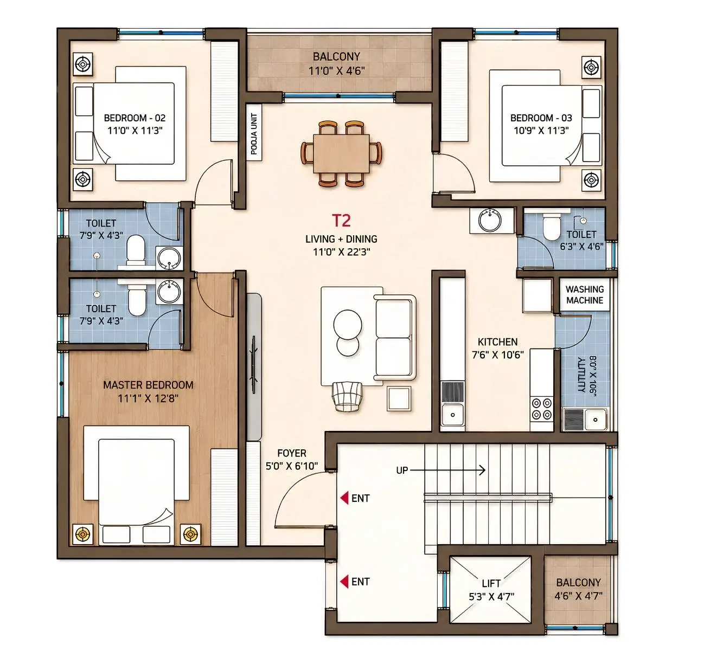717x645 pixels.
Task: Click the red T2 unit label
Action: point(341,221)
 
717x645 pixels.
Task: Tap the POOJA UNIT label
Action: point(254,134)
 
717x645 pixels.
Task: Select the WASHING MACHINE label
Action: point(585,294)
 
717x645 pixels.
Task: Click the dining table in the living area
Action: point(341,153)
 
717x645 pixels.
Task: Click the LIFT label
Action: point(491,584)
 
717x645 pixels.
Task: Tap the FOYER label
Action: point(292,453)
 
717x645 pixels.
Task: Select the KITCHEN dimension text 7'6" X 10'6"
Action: point(498,355)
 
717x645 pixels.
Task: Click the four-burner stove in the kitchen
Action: point(542,409)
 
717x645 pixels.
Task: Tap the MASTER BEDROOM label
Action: point(148,385)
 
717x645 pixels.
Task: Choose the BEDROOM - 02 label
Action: point(135,118)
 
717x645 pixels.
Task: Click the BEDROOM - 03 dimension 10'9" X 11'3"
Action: point(541,131)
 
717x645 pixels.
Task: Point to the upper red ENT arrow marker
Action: point(344,498)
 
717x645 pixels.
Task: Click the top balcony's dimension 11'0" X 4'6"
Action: point(337,71)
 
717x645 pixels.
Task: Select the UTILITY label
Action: point(581,375)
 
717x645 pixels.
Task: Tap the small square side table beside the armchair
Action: point(399,399)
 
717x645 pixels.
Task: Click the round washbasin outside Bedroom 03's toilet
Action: point(490,221)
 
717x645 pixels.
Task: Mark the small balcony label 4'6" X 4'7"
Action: point(579,596)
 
